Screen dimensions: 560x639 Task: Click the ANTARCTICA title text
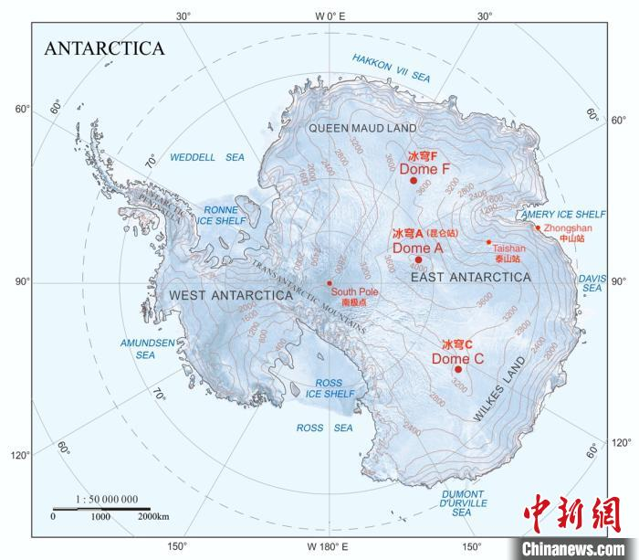pos(105,48)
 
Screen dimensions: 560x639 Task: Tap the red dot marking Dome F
pos(414,180)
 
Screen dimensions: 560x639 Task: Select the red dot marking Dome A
pos(418,259)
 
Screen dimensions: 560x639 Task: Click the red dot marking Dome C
pos(458,369)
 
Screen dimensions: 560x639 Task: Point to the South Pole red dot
pos(330,282)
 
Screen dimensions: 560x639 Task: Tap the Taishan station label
pos(508,252)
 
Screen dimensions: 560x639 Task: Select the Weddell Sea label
pos(207,157)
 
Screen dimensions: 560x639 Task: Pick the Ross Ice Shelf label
pos(329,388)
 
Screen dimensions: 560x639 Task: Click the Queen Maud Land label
pos(361,128)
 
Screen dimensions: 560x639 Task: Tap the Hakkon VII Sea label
pos(392,68)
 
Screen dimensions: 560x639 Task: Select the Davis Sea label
pos(592,282)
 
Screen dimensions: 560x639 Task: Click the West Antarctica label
pos(230,295)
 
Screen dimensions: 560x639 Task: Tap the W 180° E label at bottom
pos(327,546)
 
